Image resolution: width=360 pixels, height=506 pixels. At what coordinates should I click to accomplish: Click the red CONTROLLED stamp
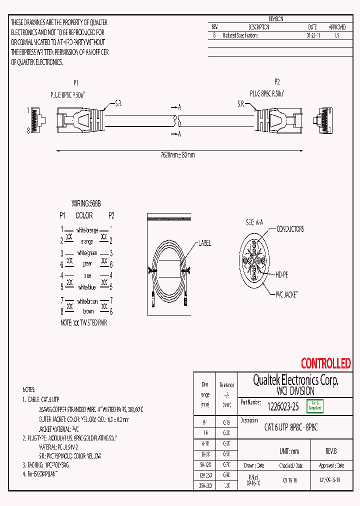(x=325, y=363)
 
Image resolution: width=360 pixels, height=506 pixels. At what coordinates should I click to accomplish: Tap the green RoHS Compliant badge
(x=314, y=406)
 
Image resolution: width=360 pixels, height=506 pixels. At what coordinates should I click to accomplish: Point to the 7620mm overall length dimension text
(x=174, y=155)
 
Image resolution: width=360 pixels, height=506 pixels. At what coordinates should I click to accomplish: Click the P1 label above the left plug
(x=76, y=83)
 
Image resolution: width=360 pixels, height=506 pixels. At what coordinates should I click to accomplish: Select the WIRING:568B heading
(x=85, y=204)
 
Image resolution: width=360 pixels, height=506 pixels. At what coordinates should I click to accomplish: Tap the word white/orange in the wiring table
(x=88, y=230)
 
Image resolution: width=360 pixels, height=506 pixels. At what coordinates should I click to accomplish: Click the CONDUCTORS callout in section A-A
(x=290, y=229)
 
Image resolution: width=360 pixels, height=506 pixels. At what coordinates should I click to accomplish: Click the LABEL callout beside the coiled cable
(x=205, y=243)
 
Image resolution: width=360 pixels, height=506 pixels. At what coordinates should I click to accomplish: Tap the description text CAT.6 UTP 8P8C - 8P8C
(x=290, y=427)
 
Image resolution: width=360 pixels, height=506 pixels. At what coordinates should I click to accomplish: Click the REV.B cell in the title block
(x=330, y=451)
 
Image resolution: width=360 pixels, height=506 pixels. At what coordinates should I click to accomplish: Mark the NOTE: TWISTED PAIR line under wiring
(x=83, y=323)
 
